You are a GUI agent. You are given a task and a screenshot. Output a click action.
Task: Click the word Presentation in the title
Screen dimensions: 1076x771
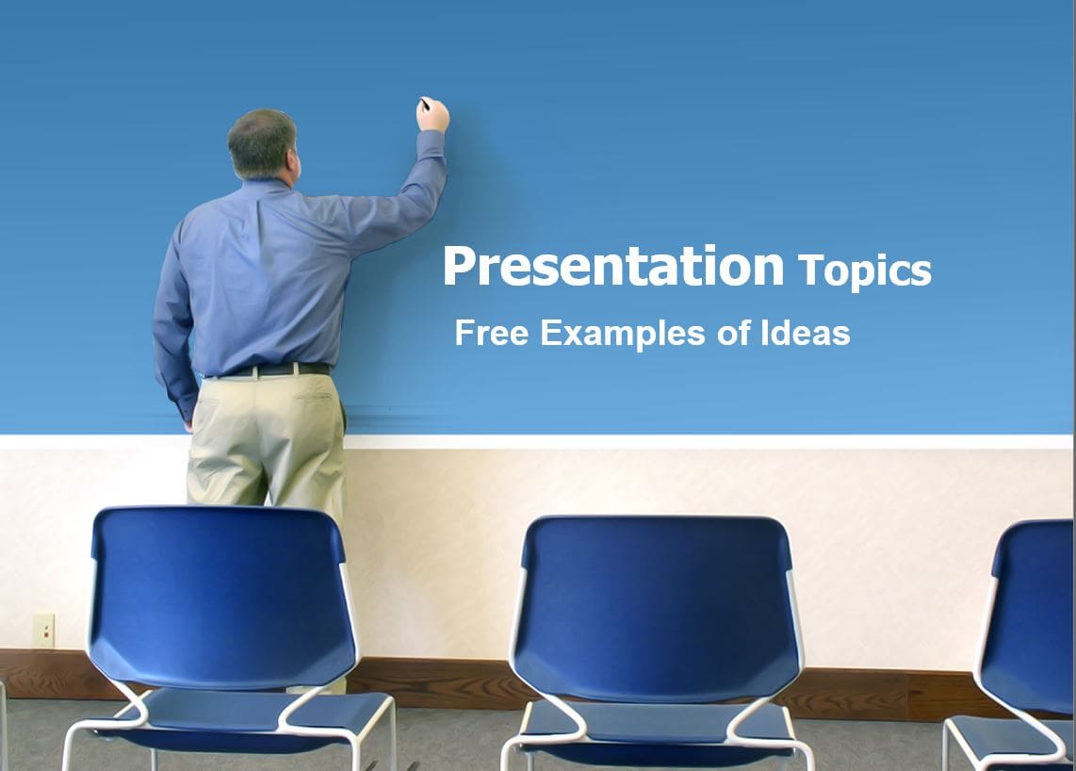coord(613,267)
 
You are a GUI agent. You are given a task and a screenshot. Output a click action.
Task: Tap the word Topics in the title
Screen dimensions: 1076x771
coord(865,271)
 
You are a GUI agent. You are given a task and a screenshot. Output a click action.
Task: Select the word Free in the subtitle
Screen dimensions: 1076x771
coord(491,333)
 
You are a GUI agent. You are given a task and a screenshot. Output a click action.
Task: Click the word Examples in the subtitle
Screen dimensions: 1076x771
coord(623,335)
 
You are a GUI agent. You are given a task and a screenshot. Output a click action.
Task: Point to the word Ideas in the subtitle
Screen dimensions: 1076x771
coord(806,333)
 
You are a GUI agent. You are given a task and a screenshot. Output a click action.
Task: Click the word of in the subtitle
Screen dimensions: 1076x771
coord(734,333)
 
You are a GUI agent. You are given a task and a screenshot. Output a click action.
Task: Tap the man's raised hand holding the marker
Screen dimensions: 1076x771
coord(432,114)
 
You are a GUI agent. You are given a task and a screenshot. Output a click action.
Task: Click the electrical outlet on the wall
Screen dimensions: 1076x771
coord(43,630)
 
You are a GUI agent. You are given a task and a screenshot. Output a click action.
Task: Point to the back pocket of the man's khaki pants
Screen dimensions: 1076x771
coord(312,406)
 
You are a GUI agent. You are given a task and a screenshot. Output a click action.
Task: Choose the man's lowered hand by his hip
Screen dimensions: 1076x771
coord(188,423)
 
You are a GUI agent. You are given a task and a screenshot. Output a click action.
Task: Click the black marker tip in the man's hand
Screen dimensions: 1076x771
coord(424,104)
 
